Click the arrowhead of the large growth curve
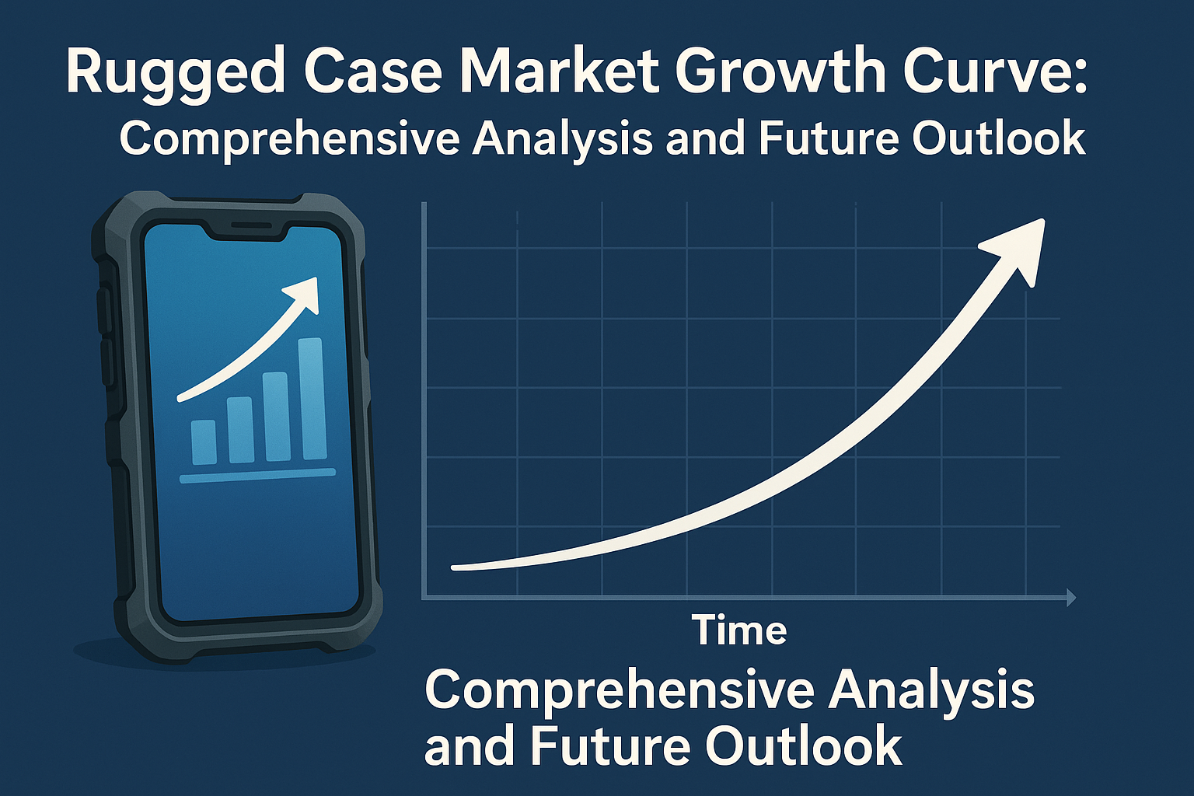pyautogui.click(x=1018, y=245)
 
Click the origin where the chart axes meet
pyautogui.click(x=424, y=598)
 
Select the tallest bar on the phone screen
pyautogui.click(x=312, y=398)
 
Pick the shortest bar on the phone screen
pyautogui.click(x=204, y=442)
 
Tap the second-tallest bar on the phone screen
pyautogui.click(x=276, y=416)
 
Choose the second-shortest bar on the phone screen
pyautogui.click(x=240, y=430)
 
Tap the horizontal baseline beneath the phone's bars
pyautogui.click(x=257, y=476)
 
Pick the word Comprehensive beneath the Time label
pyautogui.click(x=619, y=690)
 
